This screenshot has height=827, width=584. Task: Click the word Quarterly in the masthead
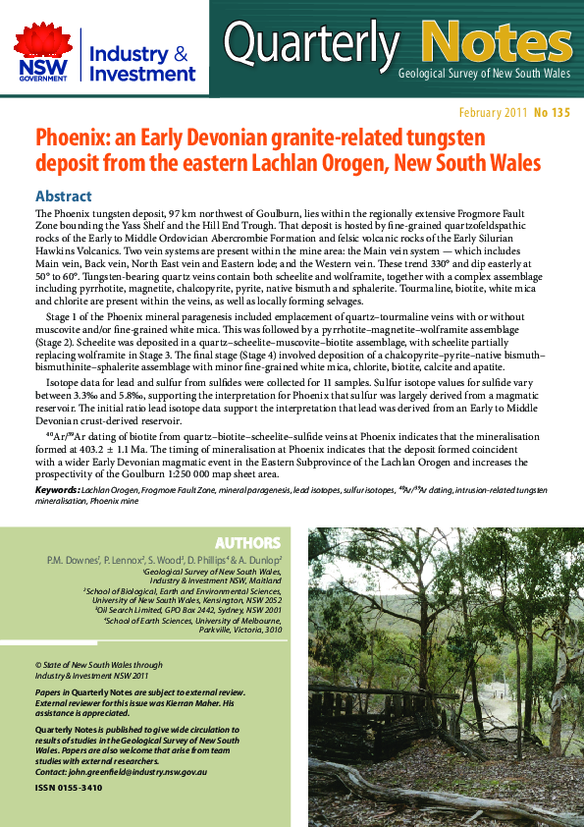tap(311, 42)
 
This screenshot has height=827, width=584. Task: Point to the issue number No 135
tap(553, 113)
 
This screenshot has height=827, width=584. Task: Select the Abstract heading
tap(63, 195)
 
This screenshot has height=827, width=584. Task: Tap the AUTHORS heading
tap(247, 542)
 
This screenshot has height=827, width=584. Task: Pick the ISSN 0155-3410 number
tap(68, 788)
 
